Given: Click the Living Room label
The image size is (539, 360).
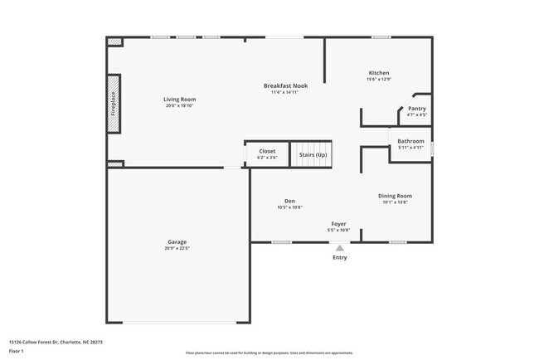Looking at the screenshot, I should pyautogui.click(x=180, y=99).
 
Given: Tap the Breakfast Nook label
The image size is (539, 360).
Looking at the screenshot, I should pyautogui.click(x=284, y=85).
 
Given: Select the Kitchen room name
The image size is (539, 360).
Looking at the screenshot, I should pyautogui.click(x=378, y=73).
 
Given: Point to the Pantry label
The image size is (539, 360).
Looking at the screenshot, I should pyautogui.click(x=417, y=109).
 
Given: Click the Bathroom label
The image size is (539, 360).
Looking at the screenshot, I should pyautogui.click(x=410, y=141).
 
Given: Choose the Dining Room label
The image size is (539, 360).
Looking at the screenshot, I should pyautogui.click(x=395, y=196).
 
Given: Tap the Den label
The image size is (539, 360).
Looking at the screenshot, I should pyautogui.click(x=289, y=201).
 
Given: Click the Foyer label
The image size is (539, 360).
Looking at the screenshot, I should pyautogui.click(x=339, y=223).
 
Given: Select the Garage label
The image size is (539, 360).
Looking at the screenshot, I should pyautogui.click(x=177, y=241).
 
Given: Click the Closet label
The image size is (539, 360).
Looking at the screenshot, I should pyautogui.click(x=267, y=151).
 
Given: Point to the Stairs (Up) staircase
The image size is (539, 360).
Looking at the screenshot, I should pyautogui.click(x=312, y=154).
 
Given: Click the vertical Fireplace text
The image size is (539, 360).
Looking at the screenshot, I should pyautogui.click(x=114, y=104).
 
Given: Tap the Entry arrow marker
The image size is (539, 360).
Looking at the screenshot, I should pyautogui.click(x=340, y=246).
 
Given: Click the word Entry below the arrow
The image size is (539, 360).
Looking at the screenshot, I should pyautogui.click(x=340, y=257).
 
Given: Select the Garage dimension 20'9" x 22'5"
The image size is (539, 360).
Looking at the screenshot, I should pyautogui.click(x=177, y=248).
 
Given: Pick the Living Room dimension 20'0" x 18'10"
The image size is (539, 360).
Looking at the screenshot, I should pyautogui.click(x=180, y=105).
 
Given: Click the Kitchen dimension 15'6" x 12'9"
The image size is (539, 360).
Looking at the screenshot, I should pyautogui.click(x=378, y=80).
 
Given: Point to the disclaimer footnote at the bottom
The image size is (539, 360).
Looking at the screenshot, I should pyautogui.click(x=269, y=353).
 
